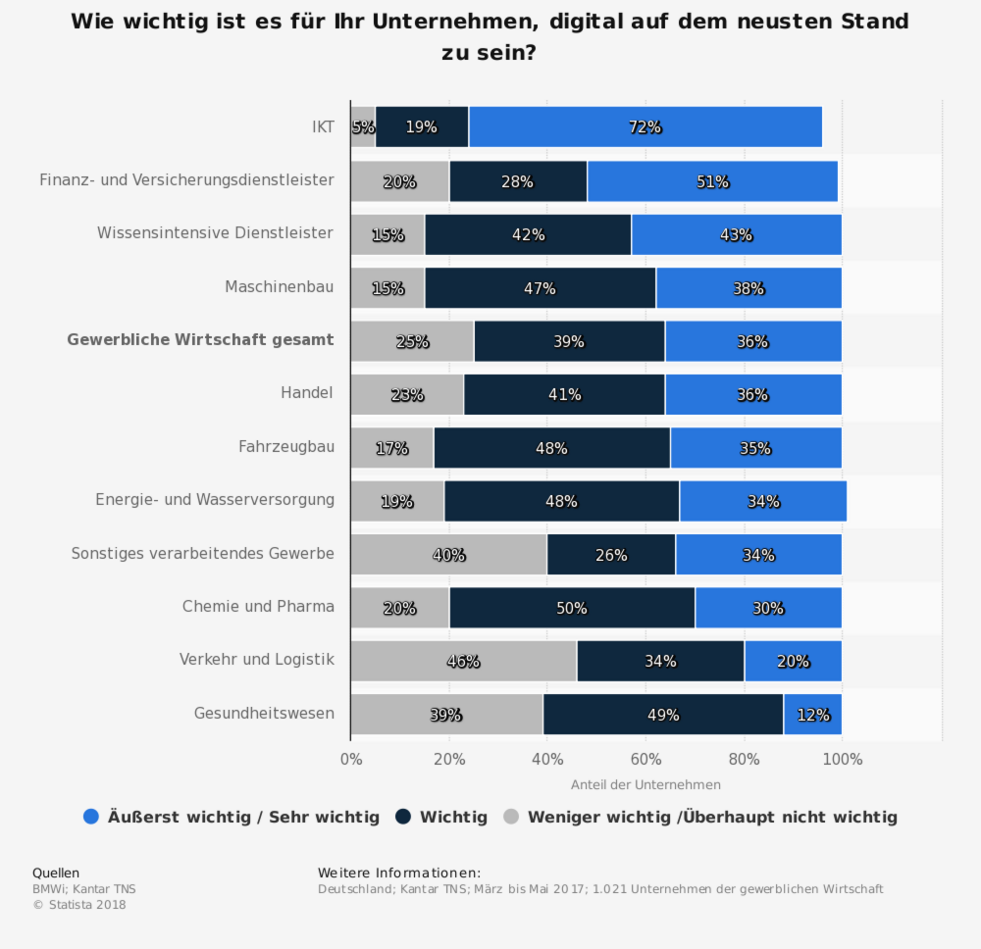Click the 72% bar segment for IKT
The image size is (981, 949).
pos(645,127)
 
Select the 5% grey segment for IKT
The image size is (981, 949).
pos(363,127)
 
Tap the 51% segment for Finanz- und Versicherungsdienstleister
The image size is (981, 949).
pos(712,181)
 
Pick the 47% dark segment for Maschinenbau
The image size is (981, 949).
pos(540,288)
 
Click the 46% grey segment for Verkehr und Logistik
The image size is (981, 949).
pos(463,661)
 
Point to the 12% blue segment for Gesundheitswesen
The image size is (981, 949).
pos(812,715)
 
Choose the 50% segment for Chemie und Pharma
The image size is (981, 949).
pos(572,608)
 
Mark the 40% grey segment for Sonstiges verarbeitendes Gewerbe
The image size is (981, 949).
pos(448,555)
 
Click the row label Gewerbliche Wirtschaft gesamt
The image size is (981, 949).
pos(200,340)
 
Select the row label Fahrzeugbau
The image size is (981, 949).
pos(286,447)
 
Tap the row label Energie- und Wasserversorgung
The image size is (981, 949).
pos(215,500)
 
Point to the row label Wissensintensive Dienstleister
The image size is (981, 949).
pos(215,233)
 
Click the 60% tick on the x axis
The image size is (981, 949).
pos(645,759)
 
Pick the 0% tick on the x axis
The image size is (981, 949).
pos(350,759)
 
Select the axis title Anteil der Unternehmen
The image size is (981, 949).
pos(645,784)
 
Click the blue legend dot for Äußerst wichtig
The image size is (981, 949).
pos(91,817)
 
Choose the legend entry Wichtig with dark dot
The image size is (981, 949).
pos(441,817)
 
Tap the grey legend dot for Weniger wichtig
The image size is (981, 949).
pos(511,817)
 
